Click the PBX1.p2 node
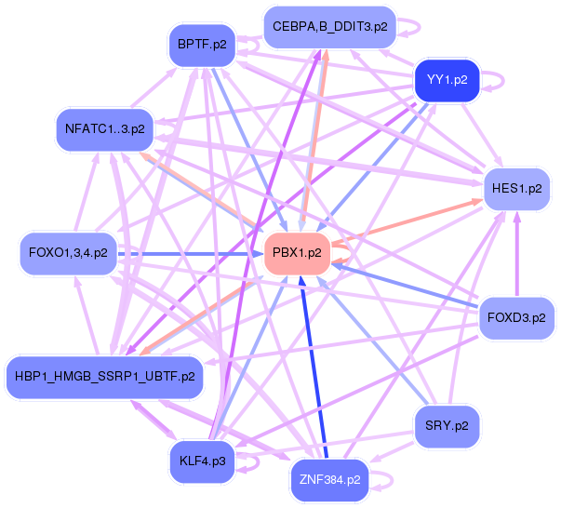[297, 254]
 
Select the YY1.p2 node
[447, 80]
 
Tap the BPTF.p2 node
[202, 45]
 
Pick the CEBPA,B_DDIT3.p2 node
[330, 27]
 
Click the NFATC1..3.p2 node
[105, 129]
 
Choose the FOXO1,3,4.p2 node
[68, 254]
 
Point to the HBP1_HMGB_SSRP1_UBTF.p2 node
[105, 377]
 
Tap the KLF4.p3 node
[203, 461]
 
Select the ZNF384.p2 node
[330, 480]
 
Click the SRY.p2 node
[447, 426]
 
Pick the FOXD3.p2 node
[516, 318]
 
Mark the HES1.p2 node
[517, 189]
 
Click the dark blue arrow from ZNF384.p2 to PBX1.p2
[314, 367]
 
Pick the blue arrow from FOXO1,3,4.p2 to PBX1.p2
[191, 254]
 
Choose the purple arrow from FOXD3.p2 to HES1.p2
[517, 254]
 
